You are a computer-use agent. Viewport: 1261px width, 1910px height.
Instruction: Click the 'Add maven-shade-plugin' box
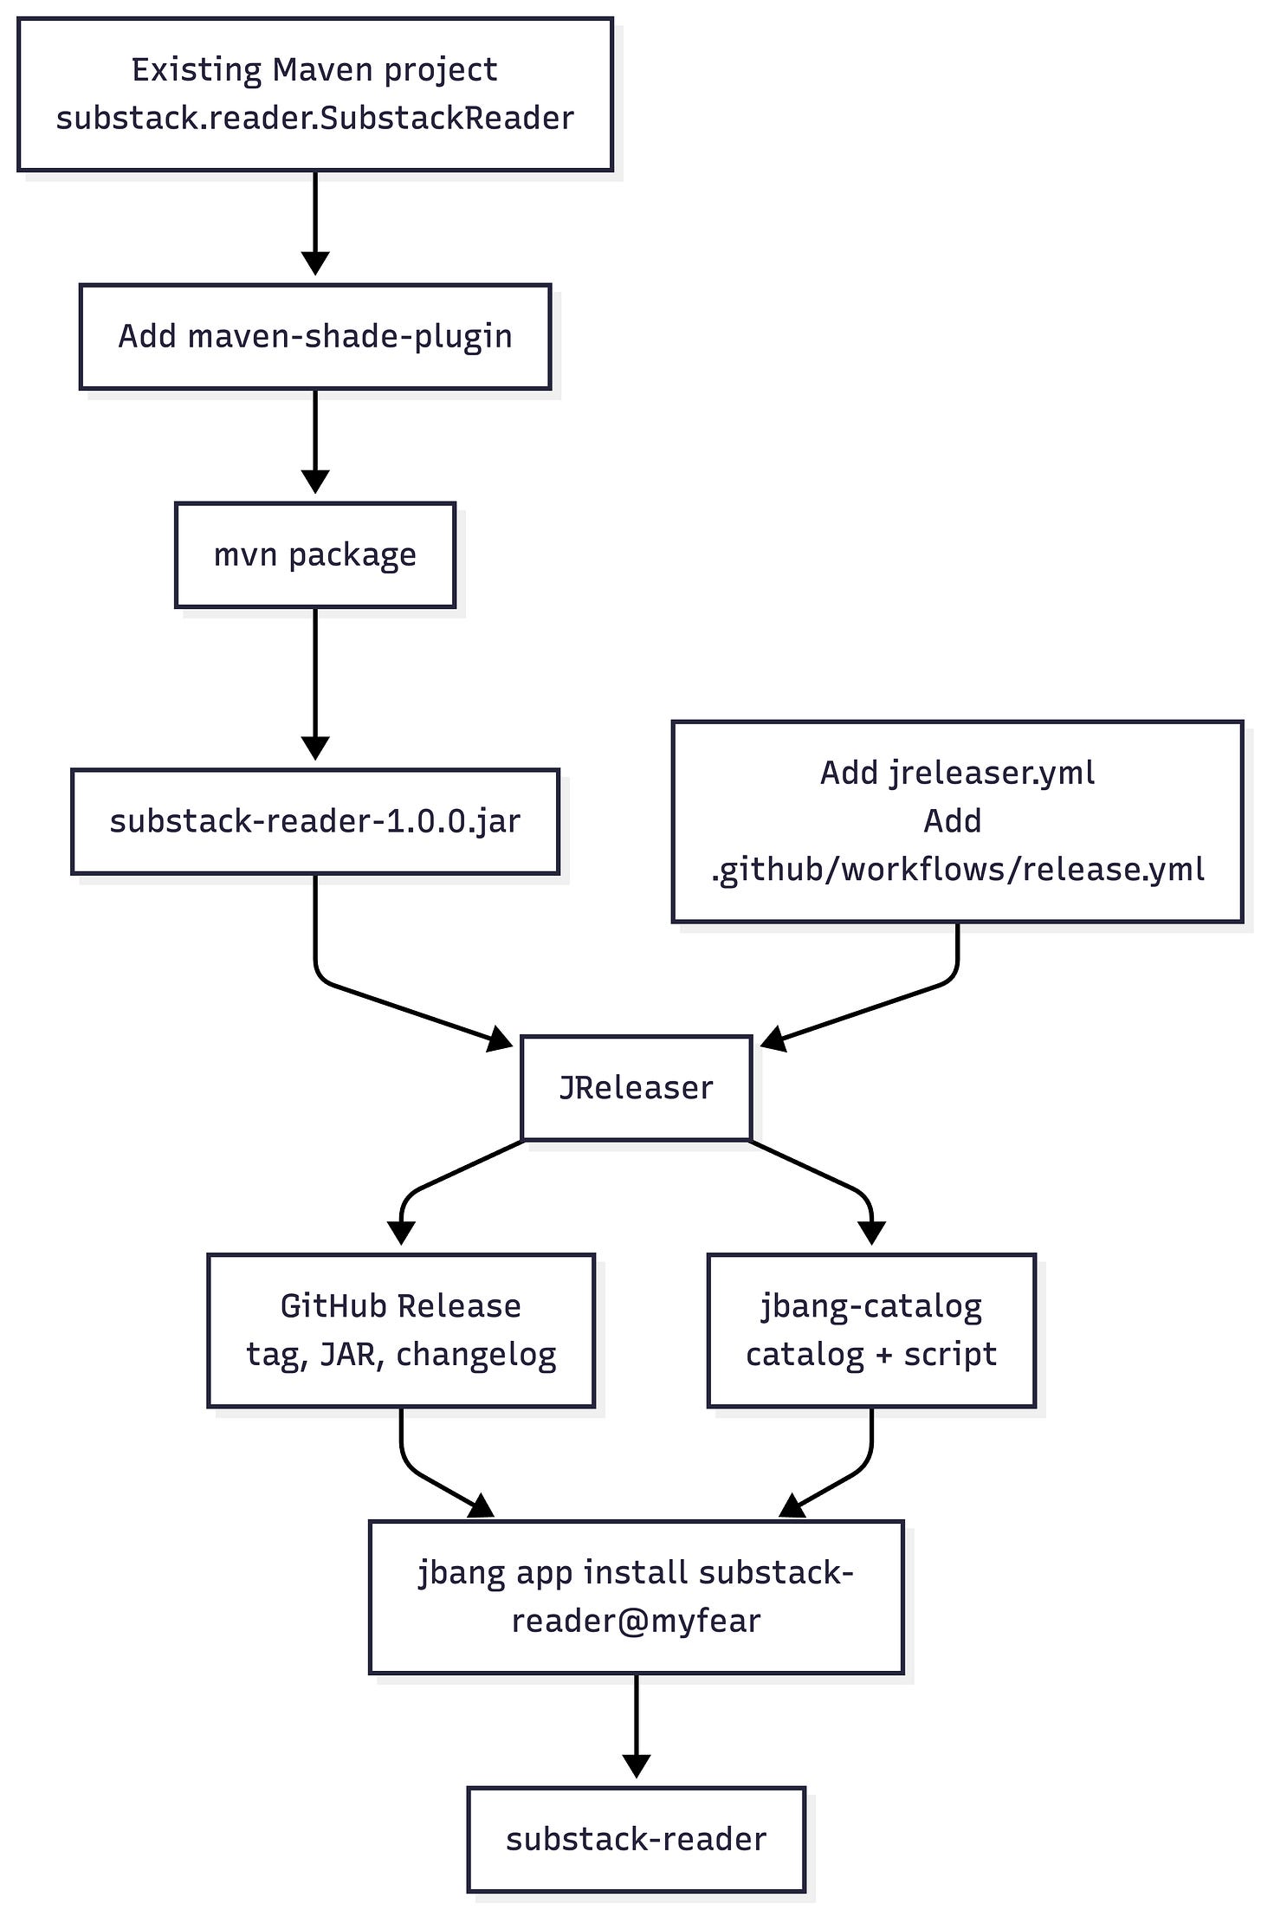pyautogui.click(x=315, y=336)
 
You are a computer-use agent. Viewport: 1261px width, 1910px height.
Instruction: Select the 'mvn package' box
pyautogui.click(x=315, y=554)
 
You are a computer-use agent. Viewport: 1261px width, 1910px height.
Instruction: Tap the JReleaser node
pyautogui.click(x=636, y=1087)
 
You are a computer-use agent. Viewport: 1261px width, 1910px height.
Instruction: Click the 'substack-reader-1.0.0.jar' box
pyautogui.click(x=315, y=820)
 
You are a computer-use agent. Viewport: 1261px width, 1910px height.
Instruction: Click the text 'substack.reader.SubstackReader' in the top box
pyautogui.click(x=315, y=118)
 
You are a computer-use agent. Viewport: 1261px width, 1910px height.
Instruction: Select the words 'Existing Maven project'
pyautogui.click(x=315, y=69)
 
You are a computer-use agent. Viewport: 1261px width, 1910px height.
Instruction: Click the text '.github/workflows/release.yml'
pyautogui.click(x=957, y=869)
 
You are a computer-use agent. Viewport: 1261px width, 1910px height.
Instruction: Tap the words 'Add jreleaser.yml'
pyautogui.click(x=957, y=772)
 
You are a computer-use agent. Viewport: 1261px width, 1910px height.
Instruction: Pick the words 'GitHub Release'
pyautogui.click(x=400, y=1305)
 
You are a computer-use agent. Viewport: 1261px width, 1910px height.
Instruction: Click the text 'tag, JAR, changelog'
pyautogui.click(x=400, y=1354)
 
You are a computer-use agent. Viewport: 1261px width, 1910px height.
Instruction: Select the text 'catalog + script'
pyautogui.click(x=871, y=1354)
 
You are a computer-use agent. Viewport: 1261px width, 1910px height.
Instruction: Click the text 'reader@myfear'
pyautogui.click(x=636, y=1620)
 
